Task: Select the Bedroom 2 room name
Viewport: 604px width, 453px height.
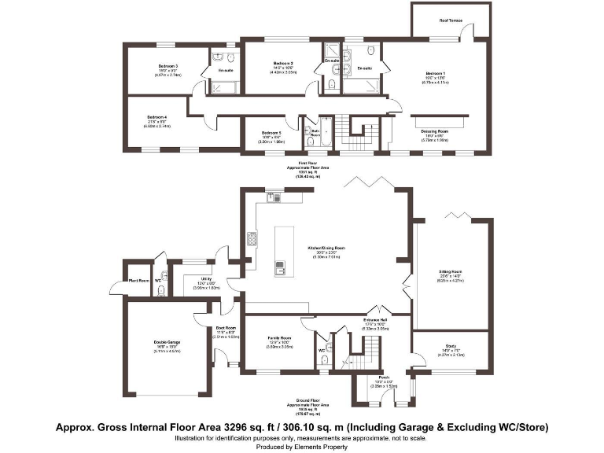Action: [x=283, y=63]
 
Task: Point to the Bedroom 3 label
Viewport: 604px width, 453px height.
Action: [x=168, y=66]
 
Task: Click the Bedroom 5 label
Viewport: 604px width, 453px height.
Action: [x=271, y=133]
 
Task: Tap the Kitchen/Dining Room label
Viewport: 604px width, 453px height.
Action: [x=328, y=248]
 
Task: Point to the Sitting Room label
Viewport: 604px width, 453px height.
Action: [x=451, y=271]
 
